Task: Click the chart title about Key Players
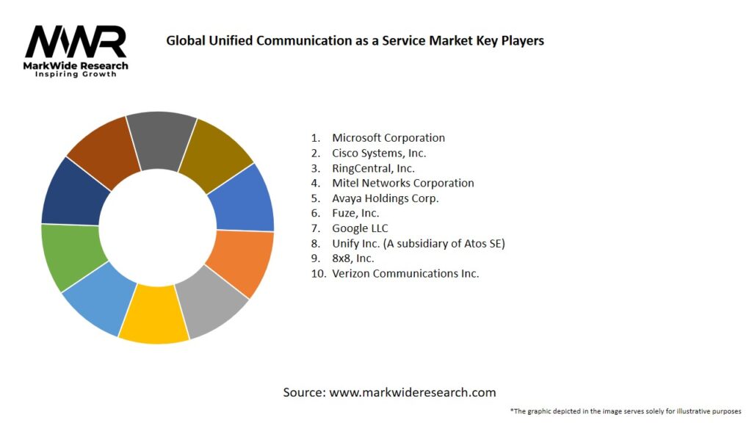coord(355,41)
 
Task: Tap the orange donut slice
coord(242,262)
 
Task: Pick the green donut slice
coord(69,257)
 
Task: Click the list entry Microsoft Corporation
coord(388,138)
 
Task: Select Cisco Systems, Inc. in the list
coord(379,153)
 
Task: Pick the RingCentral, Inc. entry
coord(373,168)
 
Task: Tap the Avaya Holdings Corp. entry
coord(386,198)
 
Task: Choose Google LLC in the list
coord(360,228)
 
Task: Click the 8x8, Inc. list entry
coord(353,258)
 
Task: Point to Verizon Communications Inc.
coord(405,273)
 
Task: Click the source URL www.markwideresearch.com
coord(413,393)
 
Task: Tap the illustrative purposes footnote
coord(625,411)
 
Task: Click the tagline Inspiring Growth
coord(76,75)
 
